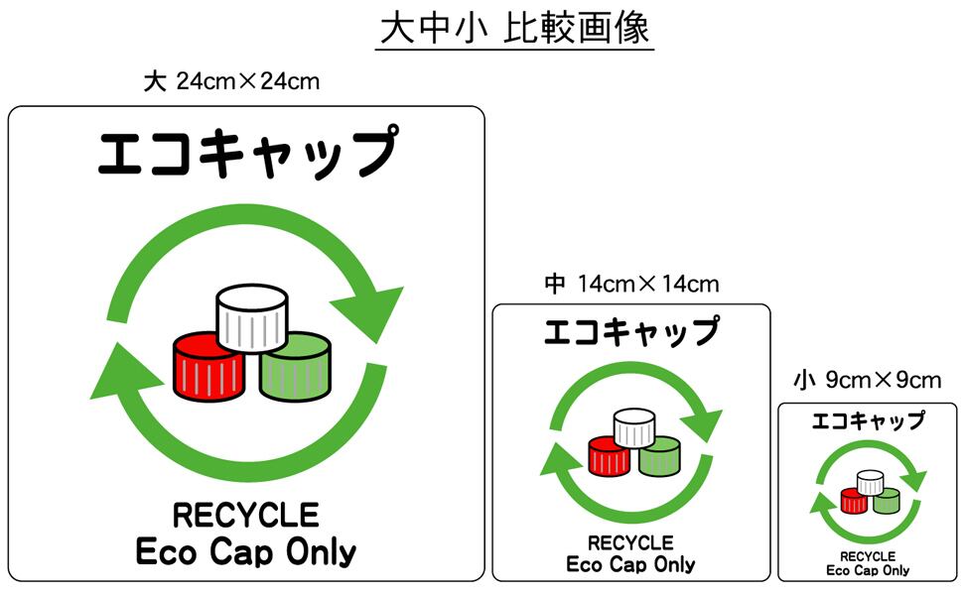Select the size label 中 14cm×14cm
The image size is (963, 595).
click(x=631, y=285)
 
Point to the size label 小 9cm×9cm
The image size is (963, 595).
click(x=867, y=380)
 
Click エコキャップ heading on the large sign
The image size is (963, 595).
click(x=247, y=154)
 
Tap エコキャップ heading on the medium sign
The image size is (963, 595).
click(x=631, y=331)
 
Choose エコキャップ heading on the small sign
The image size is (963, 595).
click(x=868, y=420)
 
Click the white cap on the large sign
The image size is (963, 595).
click(x=252, y=317)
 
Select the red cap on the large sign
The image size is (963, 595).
click(x=208, y=367)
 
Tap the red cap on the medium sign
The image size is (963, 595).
click(x=608, y=456)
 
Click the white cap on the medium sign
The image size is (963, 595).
click(x=633, y=428)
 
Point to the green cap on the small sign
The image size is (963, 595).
click(x=886, y=500)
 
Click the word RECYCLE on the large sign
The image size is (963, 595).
click(x=246, y=516)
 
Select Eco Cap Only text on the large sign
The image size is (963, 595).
click(x=246, y=551)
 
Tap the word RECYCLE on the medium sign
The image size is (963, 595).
click(x=630, y=543)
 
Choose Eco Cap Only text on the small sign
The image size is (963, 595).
click(x=868, y=570)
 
